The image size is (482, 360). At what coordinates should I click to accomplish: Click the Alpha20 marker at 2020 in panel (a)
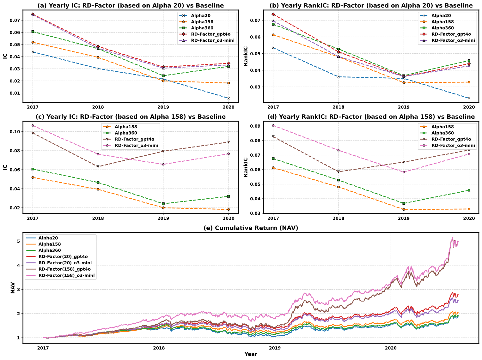point(229,98)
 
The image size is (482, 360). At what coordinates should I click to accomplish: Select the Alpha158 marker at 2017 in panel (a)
point(33,42)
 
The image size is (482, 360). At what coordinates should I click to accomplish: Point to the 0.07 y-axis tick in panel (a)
point(16,20)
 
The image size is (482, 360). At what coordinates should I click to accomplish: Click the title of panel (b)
point(370,5)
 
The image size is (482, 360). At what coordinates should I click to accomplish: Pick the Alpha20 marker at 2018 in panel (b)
point(339,77)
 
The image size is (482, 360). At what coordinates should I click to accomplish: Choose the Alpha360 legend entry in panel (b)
point(442,28)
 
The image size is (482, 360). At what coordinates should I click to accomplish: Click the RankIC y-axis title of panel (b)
point(246,56)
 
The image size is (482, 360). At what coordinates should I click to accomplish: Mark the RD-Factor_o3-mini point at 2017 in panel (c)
point(33,125)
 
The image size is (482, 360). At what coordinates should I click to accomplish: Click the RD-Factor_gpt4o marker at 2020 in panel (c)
point(229,142)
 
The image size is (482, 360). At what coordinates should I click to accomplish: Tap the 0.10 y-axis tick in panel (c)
point(16,132)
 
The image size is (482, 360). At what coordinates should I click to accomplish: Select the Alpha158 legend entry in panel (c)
point(125,127)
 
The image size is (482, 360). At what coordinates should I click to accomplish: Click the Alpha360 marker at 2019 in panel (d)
point(404,203)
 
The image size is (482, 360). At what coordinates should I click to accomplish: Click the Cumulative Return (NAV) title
point(251,228)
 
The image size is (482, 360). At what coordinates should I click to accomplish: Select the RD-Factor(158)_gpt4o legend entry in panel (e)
point(64,269)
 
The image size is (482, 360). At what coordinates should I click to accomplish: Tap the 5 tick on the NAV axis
point(19,241)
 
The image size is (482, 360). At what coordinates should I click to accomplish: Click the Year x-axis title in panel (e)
point(251,354)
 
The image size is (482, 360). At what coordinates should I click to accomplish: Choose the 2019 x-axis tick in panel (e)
point(275,348)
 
